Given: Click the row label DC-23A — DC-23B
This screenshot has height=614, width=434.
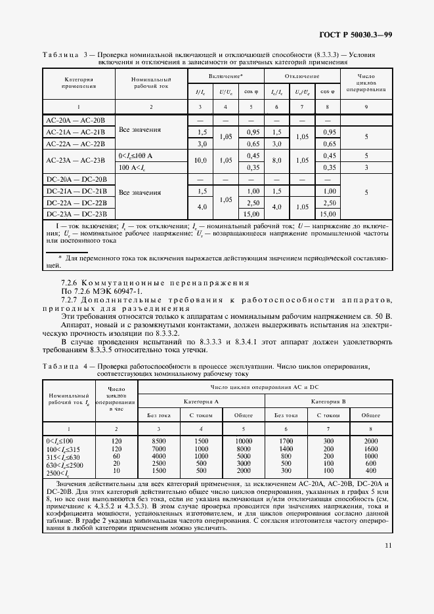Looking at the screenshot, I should [72, 213].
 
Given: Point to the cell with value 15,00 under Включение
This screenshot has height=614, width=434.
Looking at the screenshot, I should [250, 213].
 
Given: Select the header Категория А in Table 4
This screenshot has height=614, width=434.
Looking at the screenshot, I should [201, 399].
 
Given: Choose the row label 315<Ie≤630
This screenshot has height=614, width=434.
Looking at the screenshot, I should [62, 456].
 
